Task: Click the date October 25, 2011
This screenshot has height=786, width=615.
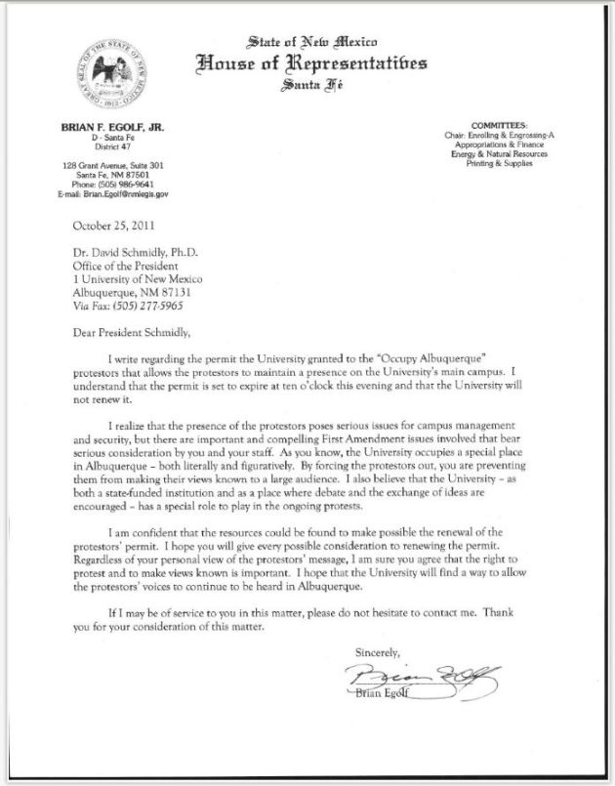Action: point(114,225)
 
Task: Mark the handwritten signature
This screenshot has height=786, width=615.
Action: point(428,673)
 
